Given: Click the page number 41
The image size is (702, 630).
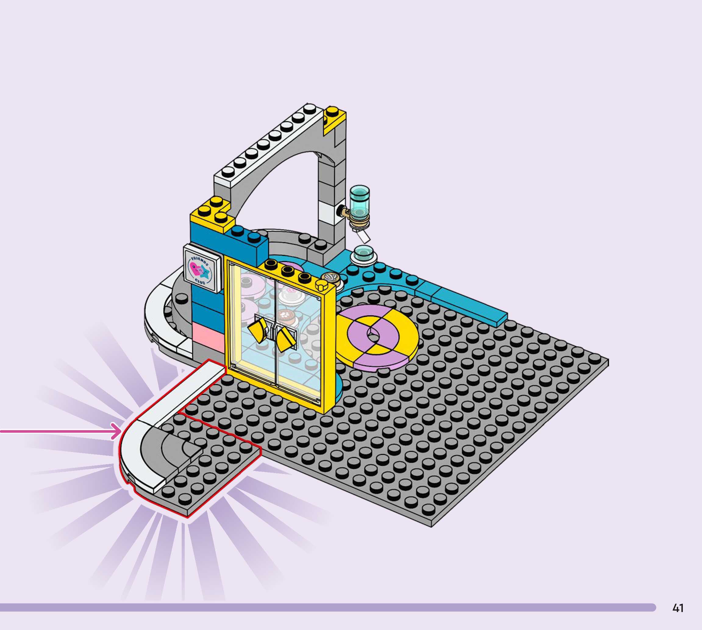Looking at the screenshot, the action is (678, 608).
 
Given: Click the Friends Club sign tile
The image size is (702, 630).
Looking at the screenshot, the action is (202, 269).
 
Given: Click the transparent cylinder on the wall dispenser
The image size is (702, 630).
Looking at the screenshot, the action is (360, 202).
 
